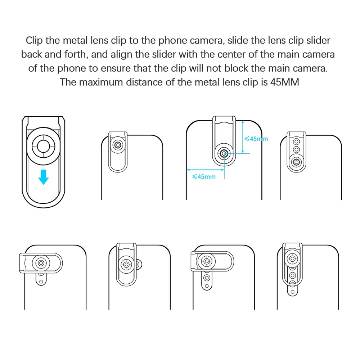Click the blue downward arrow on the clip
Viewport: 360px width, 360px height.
pyautogui.click(x=44, y=177)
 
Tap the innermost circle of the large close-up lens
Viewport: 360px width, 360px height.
pyautogui.click(x=43, y=146)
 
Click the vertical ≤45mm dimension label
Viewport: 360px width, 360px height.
pyautogui.click(x=256, y=139)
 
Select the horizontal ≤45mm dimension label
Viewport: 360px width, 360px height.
pyautogui.click(x=204, y=176)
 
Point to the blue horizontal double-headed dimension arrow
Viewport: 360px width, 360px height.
pyautogui.click(x=205, y=170)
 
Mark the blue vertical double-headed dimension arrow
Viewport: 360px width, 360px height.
pyautogui.click(x=243, y=137)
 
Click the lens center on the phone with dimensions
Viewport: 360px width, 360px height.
pyautogui.click(x=224, y=154)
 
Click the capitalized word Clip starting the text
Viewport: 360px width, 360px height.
pyautogui.click(x=34, y=41)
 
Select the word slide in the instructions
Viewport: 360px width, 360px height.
pyautogui.click(x=238, y=40)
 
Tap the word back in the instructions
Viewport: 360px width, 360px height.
pyautogui.click(x=31, y=54)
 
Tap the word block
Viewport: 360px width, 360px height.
pyautogui.click(x=236, y=68)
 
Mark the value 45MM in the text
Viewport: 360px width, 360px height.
pyautogui.click(x=285, y=82)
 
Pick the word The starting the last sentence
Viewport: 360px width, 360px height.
pyautogui.click(x=68, y=82)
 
